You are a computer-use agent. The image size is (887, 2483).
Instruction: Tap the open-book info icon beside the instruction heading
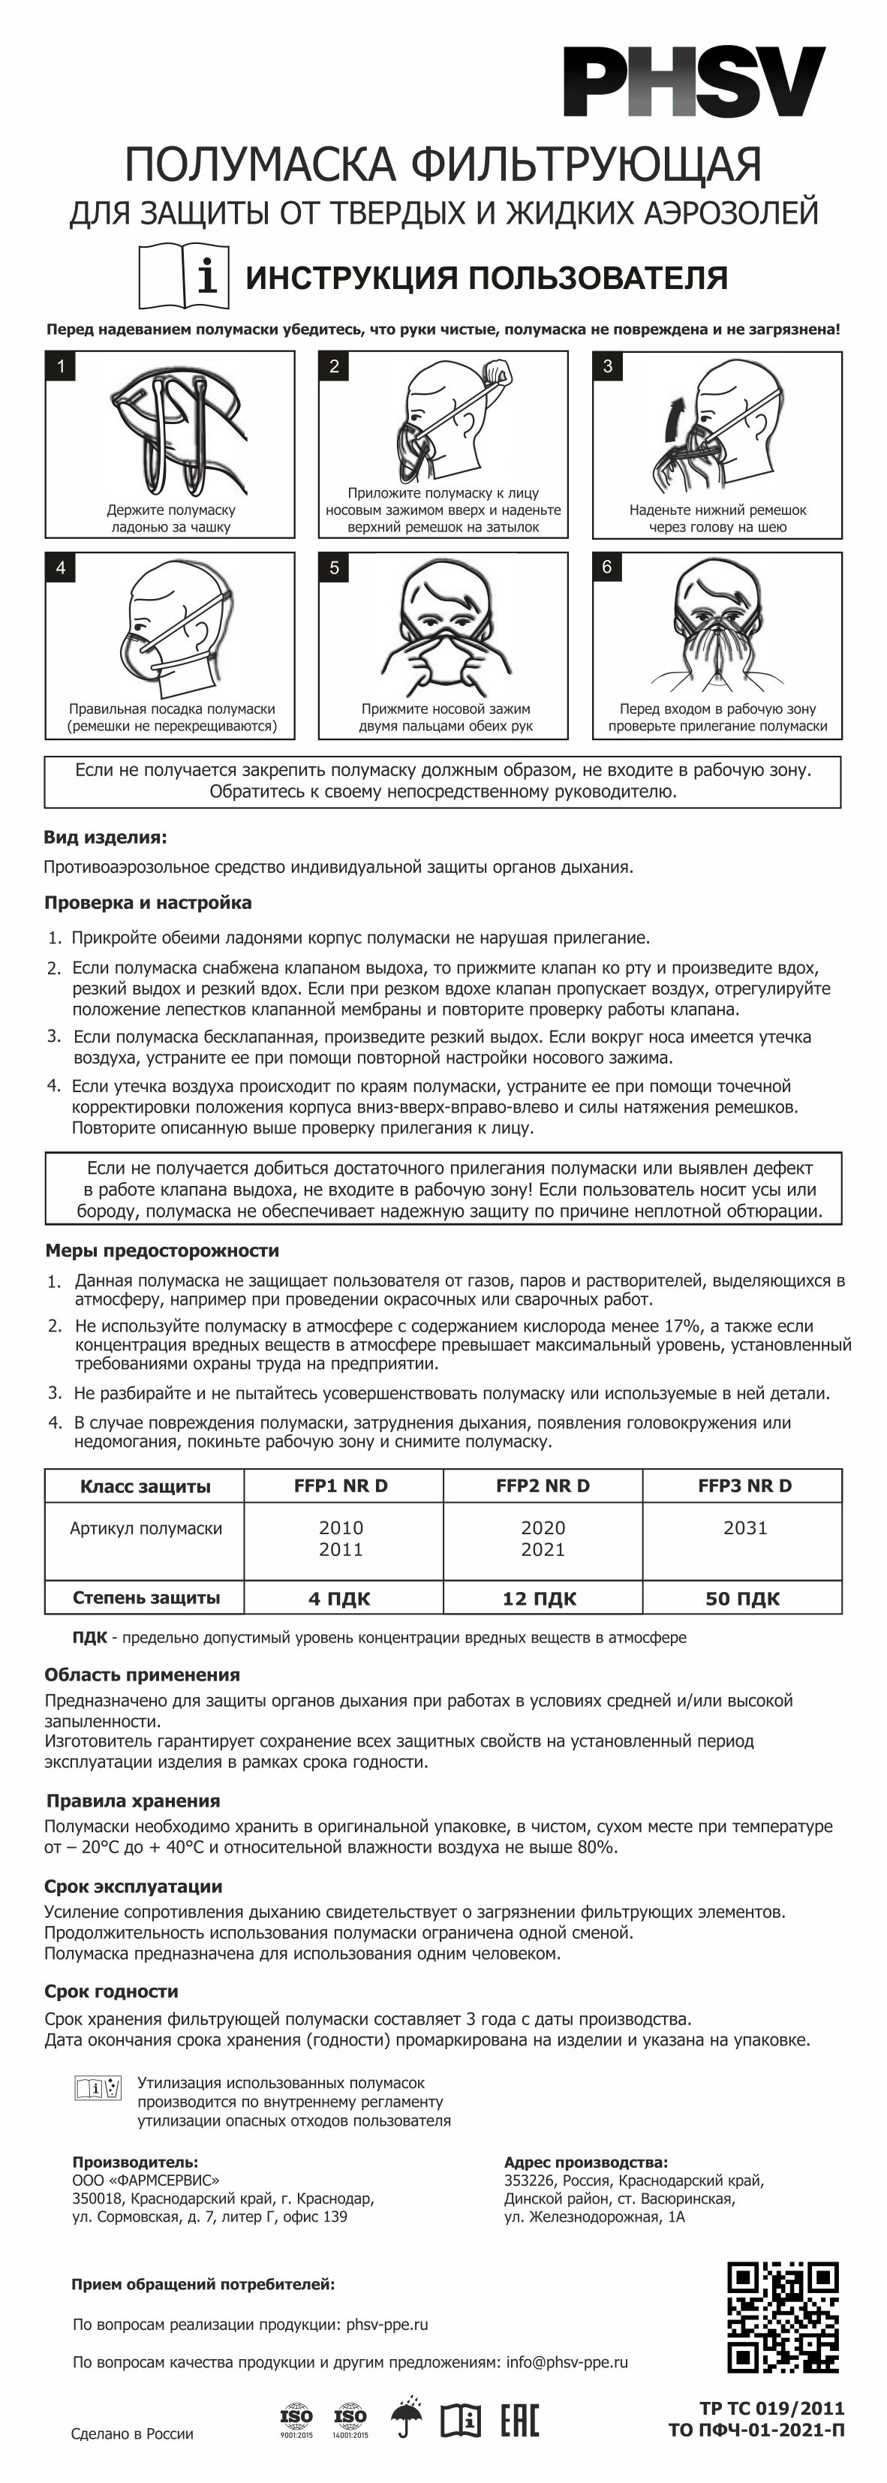coord(184,275)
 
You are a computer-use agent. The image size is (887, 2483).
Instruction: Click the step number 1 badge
coord(61,366)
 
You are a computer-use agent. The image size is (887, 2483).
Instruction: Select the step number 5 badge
coord(334,567)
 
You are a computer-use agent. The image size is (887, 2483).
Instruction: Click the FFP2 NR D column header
coord(542,1485)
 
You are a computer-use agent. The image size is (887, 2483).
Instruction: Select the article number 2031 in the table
coord(744,1527)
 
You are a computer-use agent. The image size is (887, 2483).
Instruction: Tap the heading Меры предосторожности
coord(162,1251)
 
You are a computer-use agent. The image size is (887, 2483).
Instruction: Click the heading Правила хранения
coord(133,1801)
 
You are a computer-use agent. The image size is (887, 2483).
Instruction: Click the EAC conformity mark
coord(519,2419)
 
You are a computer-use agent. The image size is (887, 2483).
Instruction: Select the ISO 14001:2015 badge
coord(350,2419)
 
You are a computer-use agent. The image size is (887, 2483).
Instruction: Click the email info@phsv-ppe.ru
coord(567,2362)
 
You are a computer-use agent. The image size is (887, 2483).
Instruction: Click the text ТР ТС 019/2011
coord(771,2409)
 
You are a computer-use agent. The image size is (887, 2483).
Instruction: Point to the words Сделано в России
coord(132,2434)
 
